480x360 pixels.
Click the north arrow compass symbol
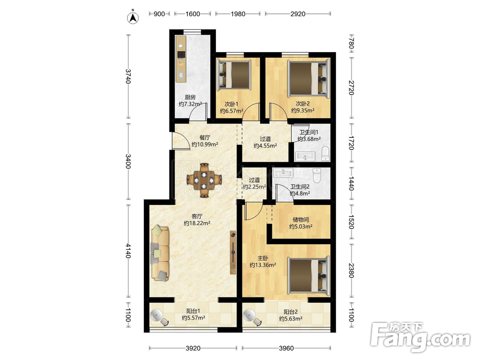coord(133,17)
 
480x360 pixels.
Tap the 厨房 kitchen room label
coord(190,97)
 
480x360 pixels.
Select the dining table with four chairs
coord(204,181)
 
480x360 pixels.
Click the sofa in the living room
coord(160,253)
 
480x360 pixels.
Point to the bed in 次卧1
coord(234,74)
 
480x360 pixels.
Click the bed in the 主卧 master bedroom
coord(308,275)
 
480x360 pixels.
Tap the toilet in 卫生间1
coord(326,153)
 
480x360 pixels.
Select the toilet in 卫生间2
coord(317,176)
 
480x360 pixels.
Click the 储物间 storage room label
coord(301,219)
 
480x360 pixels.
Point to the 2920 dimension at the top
coord(298,14)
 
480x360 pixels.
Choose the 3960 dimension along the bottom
coord(286,348)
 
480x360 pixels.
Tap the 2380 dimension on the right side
coord(351,270)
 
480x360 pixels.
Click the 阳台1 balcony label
coord(193,311)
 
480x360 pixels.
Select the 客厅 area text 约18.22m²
coord(197,223)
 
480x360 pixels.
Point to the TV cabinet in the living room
coord(233,253)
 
